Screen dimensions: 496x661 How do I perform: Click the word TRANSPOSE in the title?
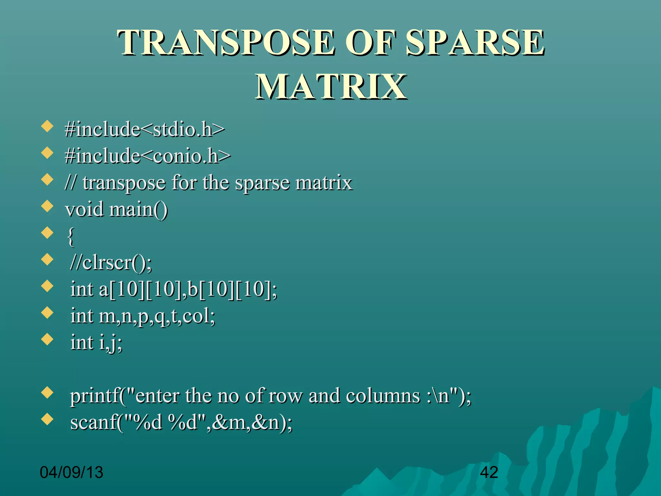point(226,43)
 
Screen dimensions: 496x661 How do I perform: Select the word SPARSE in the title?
point(474,43)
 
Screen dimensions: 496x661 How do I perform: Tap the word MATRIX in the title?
point(331,87)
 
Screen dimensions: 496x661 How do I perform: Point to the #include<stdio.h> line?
point(144,129)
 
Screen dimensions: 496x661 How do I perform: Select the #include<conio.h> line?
point(147,156)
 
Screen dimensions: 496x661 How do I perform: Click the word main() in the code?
point(138,209)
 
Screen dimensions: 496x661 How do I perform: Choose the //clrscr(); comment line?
point(111,263)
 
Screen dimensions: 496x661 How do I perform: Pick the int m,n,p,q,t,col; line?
point(143,316)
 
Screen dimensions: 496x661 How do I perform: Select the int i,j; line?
point(96,342)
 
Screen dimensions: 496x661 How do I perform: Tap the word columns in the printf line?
point(383,396)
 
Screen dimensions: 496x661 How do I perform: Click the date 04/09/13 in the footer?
point(71,472)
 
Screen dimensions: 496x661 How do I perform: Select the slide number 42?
point(489,472)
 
